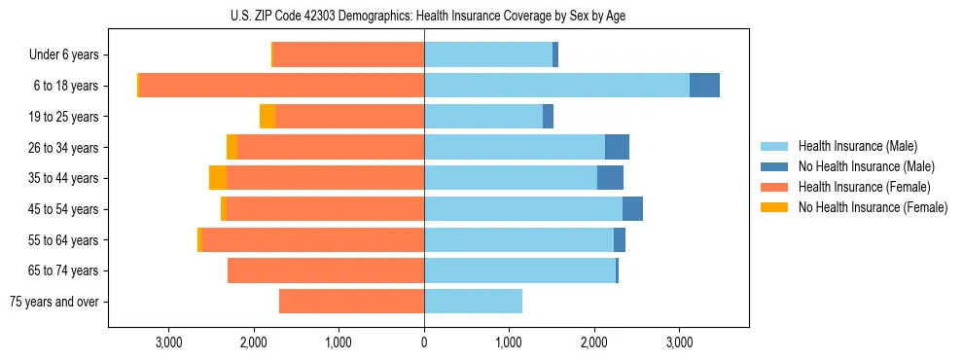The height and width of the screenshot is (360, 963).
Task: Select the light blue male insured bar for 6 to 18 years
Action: [x=556, y=86]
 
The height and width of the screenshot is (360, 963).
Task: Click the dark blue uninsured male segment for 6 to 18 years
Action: [x=704, y=86]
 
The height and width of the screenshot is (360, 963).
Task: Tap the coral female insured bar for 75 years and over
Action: [x=351, y=302]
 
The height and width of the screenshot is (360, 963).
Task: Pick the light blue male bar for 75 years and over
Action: [x=473, y=302]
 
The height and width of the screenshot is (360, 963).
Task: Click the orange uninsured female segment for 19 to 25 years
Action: [x=267, y=117]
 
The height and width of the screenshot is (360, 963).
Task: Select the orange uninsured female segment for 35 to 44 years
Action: [x=218, y=178]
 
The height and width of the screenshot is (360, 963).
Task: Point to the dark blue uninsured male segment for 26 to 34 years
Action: [x=617, y=147]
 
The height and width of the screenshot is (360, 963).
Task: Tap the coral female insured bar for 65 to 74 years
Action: [x=326, y=270]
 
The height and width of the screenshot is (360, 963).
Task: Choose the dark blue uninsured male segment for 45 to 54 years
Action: [x=632, y=209]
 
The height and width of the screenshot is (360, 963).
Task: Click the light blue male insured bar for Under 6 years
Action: [x=488, y=55]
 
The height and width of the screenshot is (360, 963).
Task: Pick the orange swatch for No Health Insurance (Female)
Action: [x=774, y=207]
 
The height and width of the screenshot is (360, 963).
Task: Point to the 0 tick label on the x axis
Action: [x=424, y=342]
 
